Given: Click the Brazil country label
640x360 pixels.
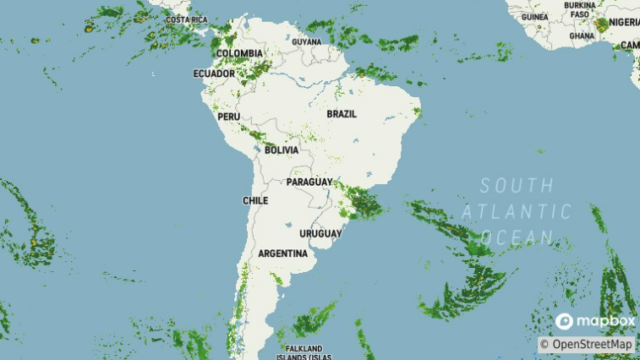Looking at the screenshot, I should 342,113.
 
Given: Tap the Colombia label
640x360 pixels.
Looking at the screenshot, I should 239,53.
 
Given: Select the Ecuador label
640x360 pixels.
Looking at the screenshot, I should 214,74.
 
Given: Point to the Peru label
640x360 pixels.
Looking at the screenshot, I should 229,116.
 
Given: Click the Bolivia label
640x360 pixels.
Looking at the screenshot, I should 282,150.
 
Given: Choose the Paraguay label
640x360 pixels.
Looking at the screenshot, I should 309,182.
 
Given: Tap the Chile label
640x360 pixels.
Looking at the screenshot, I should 255,200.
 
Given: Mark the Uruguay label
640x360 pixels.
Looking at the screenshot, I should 320,233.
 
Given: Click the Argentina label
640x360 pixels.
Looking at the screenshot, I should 282,254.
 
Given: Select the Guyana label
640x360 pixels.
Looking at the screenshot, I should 307,41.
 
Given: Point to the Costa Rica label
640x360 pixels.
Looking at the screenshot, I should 187,19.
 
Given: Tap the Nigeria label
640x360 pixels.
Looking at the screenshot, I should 625,22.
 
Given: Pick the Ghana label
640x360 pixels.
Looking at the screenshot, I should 582,35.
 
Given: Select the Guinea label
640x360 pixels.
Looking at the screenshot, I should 534,16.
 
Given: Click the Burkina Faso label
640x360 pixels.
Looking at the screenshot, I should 580,9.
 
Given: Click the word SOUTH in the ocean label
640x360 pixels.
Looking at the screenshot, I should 517,185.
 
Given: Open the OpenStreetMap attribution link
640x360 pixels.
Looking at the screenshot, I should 587,344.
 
